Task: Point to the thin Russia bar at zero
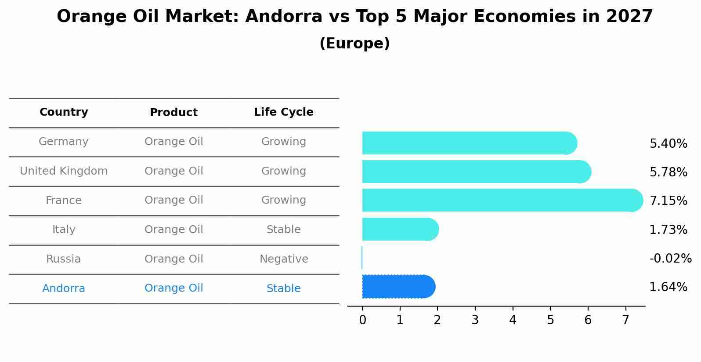pos(362,258)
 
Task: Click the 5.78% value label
pos(668,172)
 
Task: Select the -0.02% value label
pos(670,258)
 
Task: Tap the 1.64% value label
pos(668,287)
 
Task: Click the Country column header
pos(64,112)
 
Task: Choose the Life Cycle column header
pos(283,112)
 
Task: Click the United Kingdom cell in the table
pos(64,171)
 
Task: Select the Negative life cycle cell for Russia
pos(283,259)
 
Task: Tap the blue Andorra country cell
pos(64,289)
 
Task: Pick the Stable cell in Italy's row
pos(283,230)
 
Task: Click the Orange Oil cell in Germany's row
pos(173,142)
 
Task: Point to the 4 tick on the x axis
pos(513,320)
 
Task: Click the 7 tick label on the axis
pos(625,320)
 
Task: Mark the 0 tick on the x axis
pos(362,320)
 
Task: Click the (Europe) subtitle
pos(354,44)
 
